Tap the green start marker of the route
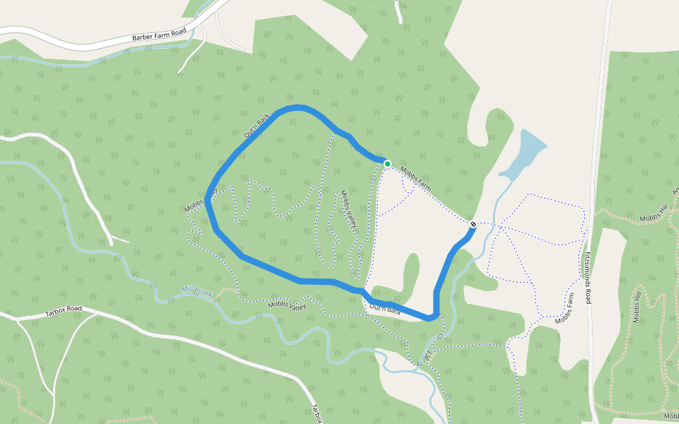(388, 164)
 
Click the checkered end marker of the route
(472, 225)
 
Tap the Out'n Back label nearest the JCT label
(385, 308)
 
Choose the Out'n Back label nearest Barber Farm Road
(257, 125)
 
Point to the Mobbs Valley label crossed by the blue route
(200, 201)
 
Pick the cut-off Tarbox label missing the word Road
(317, 413)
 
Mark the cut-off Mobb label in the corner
(671, 416)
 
